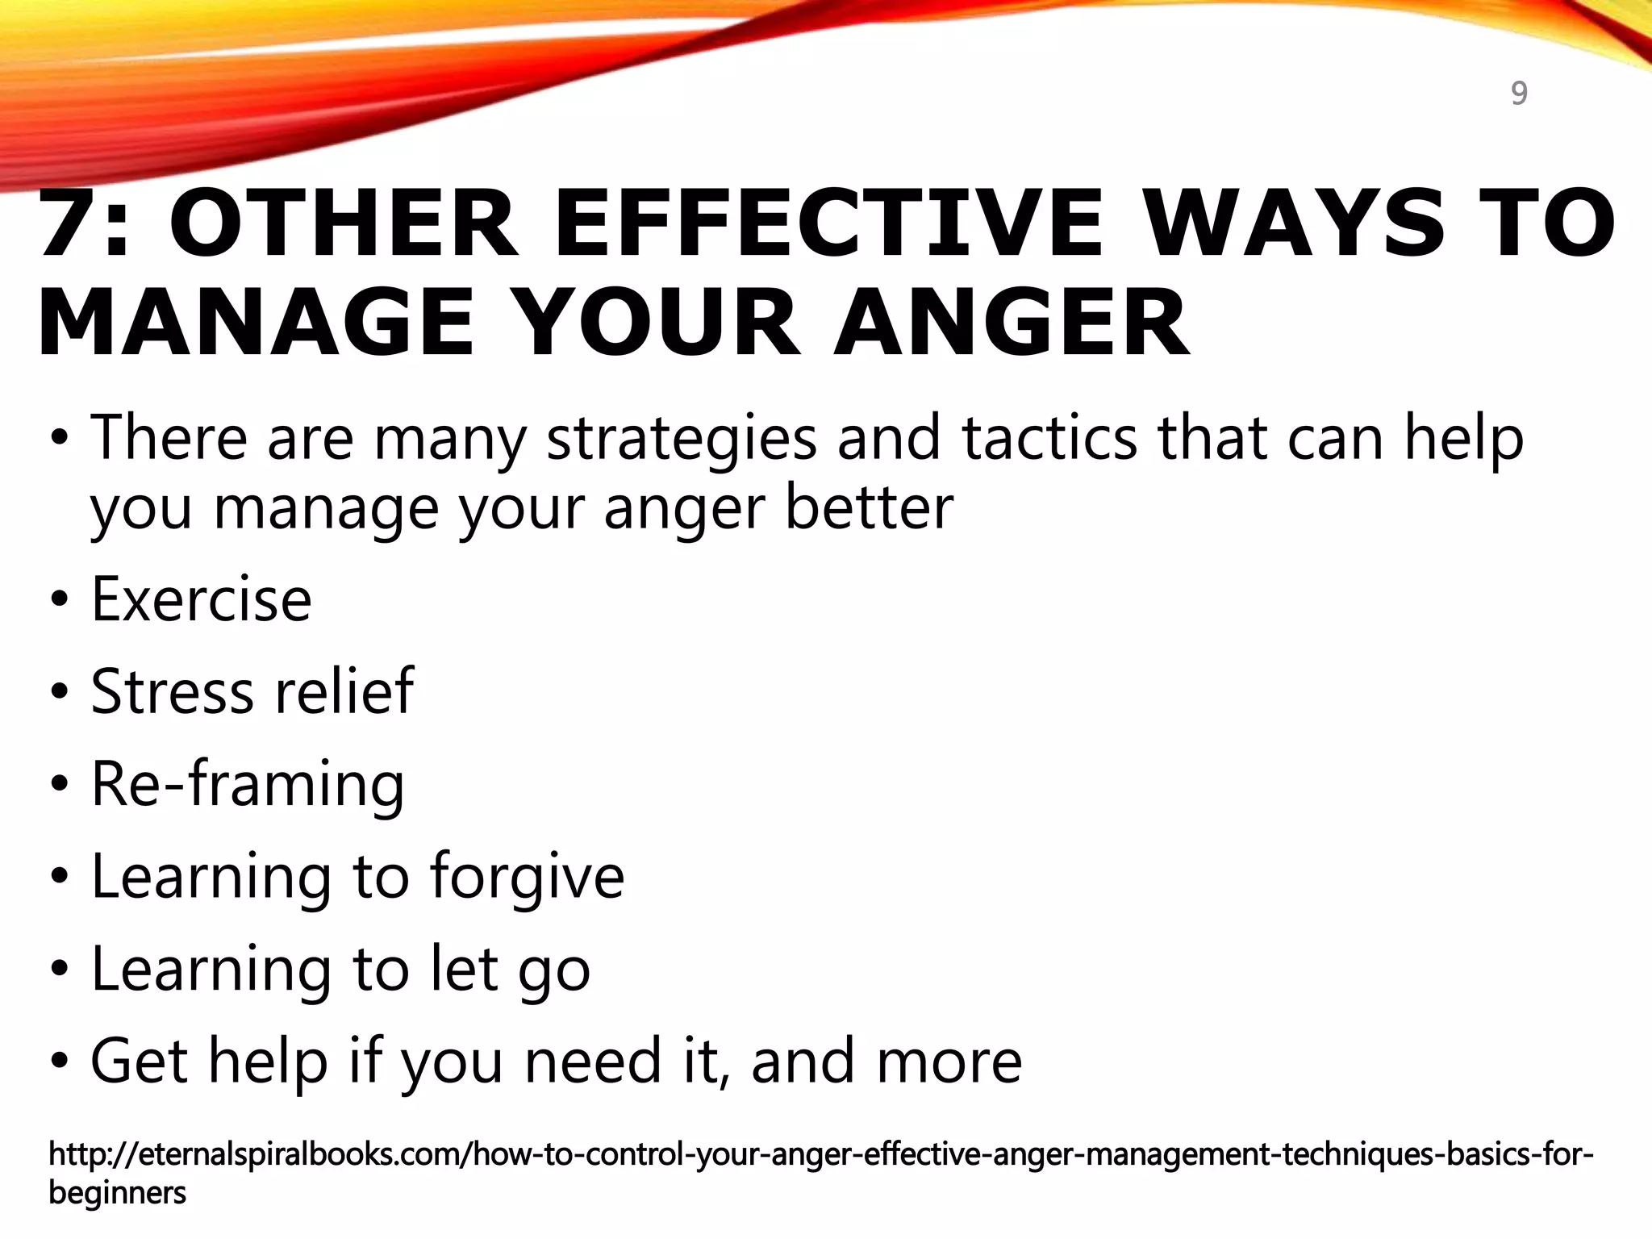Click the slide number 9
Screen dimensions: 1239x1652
click(x=1519, y=94)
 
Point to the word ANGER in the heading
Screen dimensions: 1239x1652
click(x=1012, y=323)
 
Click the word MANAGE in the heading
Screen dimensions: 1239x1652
click(x=256, y=323)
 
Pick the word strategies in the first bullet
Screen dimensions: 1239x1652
click(x=682, y=440)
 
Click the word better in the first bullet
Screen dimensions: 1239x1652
click(x=870, y=507)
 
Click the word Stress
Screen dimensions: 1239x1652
click(x=172, y=691)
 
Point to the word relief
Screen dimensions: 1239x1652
click(x=344, y=691)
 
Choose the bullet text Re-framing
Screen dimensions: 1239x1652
click(x=248, y=784)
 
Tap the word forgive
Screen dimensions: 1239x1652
click(x=527, y=877)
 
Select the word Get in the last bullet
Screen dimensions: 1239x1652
click(x=140, y=1061)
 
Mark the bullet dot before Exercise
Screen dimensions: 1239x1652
click(x=59, y=602)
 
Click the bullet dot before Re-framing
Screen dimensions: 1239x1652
click(x=59, y=785)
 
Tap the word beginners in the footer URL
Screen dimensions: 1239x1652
click(x=117, y=1193)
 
